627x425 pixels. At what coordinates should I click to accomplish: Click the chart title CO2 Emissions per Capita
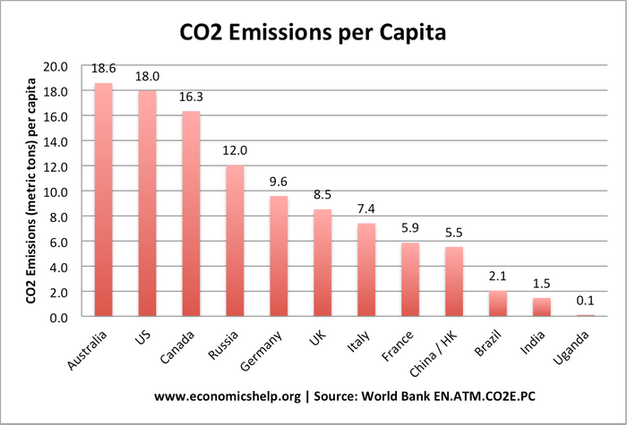click(x=313, y=32)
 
